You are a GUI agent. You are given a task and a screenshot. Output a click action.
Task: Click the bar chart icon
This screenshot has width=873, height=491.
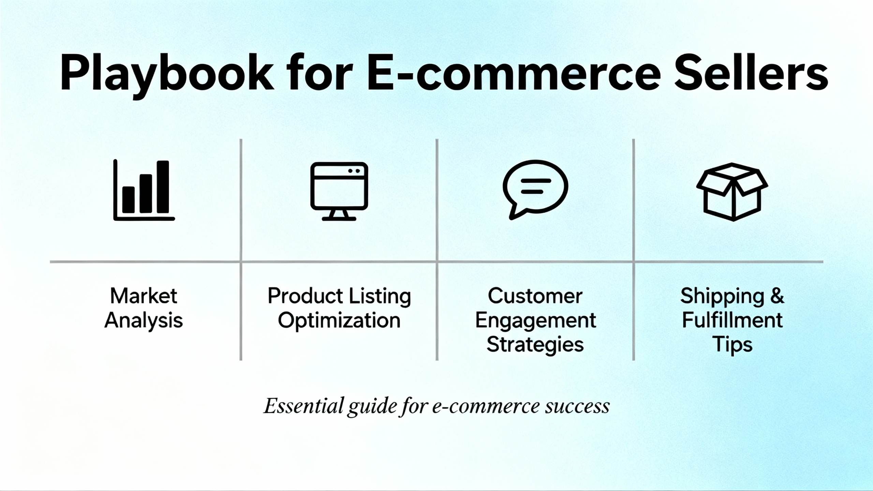coord(144,190)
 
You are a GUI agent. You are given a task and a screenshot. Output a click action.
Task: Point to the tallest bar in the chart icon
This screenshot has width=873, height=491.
coord(163,187)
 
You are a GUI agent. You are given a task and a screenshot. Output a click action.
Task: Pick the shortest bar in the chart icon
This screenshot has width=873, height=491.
coord(128,200)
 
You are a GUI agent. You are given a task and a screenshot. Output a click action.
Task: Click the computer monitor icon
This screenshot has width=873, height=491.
coord(339,191)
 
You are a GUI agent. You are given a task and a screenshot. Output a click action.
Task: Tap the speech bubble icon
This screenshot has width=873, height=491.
coord(535,189)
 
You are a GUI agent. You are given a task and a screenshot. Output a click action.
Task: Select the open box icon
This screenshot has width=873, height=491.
coord(732,192)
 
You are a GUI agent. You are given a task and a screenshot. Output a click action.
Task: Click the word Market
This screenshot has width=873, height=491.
coord(144,296)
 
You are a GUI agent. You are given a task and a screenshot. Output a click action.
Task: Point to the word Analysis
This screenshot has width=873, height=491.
coord(144,321)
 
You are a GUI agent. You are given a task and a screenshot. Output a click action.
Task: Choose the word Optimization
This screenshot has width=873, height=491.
coord(339,321)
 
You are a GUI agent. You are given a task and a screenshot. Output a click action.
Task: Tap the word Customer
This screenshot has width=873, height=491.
coord(535,296)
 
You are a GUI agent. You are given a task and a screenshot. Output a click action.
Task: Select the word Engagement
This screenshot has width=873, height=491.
coord(535,321)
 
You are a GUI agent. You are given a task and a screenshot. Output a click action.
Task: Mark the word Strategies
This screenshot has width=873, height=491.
coord(535,345)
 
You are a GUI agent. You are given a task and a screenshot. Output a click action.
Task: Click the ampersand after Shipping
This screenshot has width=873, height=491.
coord(777,296)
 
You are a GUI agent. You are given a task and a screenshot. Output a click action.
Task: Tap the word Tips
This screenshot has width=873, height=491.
coord(732,345)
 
